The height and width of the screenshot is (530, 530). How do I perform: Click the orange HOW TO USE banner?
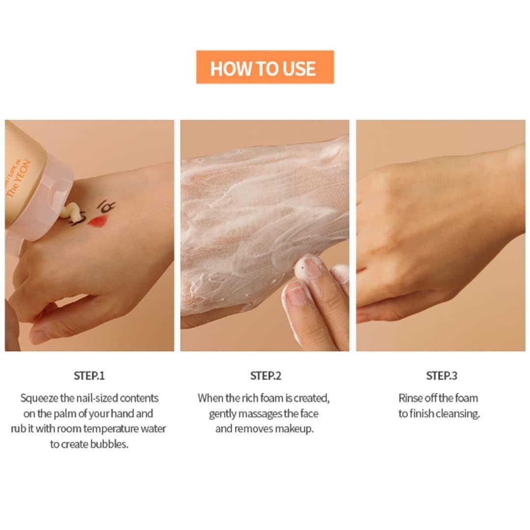pyautogui.click(x=265, y=67)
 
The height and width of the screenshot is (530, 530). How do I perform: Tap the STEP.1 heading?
pyautogui.click(x=89, y=376)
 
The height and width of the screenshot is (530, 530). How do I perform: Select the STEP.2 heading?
pyautogui.click(x=265, y=376)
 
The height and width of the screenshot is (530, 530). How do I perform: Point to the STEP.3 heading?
pyautogui.click(x=442, y=376)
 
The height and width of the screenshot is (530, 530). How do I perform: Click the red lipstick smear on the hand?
pyautogui.click(x=97, y=221)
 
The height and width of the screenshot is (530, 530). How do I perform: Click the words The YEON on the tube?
pyautogui.click(x=19, y=178)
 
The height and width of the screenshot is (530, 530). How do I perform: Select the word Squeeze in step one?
pyautogui.click(x=39, y=398)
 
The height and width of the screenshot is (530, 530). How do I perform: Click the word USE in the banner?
pyautogui.click(x=299, y=69)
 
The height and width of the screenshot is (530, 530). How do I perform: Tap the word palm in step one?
pyautogui.click(x=65, y=414)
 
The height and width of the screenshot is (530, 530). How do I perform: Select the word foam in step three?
pyautogui.click(x=467, y=398)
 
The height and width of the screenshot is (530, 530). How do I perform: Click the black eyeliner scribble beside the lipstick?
pyautogui.click(x=106, y=207)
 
